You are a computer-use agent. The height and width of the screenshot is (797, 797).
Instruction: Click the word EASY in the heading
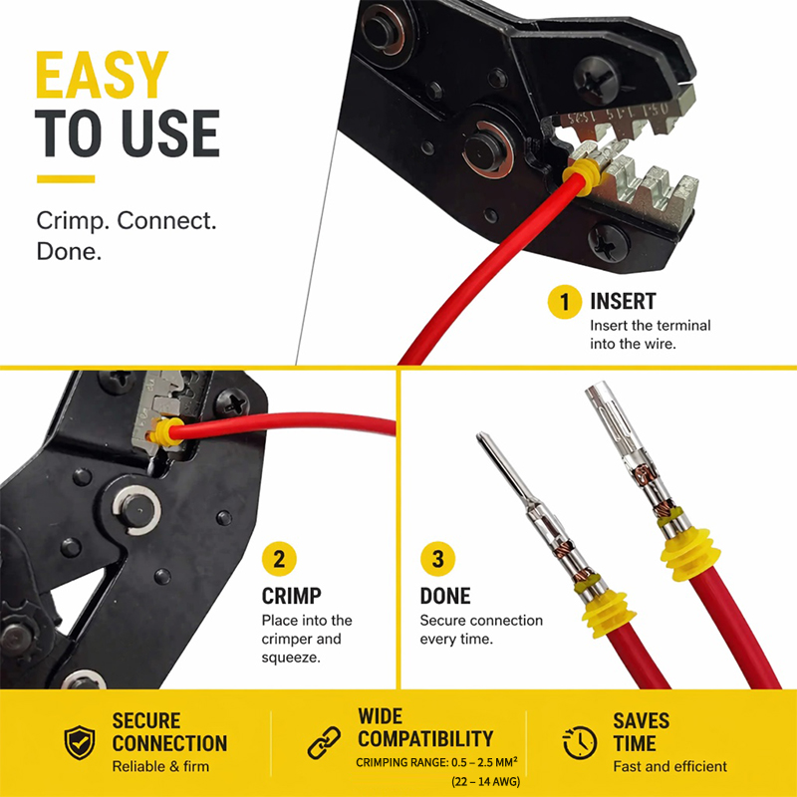point(102,75)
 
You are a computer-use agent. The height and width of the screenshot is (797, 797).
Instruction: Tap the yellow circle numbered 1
point(564,302)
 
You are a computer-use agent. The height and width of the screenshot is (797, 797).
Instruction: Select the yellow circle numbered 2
point(279,559)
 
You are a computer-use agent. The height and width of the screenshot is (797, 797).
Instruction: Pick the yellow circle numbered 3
point(437,559)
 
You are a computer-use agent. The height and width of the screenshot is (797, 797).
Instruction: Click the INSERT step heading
point(623,302)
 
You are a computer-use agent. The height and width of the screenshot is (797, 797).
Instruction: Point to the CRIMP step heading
point(291,596)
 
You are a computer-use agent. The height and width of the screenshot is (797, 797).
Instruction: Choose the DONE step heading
point(445,596)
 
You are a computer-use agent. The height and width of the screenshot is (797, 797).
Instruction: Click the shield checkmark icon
point(80,742)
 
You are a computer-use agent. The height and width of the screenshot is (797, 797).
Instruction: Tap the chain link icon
point(325,742)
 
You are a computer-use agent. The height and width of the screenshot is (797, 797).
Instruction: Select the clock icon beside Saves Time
point(580,742)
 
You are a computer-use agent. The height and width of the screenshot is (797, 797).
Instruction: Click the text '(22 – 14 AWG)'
point(485,781)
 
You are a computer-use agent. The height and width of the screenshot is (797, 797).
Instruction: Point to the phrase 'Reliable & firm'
point(160,766)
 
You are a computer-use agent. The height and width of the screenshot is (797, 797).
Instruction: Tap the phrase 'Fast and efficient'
point(669,766)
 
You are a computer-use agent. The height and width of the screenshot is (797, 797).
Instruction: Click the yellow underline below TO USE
point(66,179)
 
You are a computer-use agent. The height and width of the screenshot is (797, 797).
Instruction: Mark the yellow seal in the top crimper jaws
point(582,176)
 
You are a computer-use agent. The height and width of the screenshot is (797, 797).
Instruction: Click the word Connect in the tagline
point(166,220)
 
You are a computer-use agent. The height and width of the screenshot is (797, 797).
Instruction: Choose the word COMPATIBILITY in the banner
point(425,738)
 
